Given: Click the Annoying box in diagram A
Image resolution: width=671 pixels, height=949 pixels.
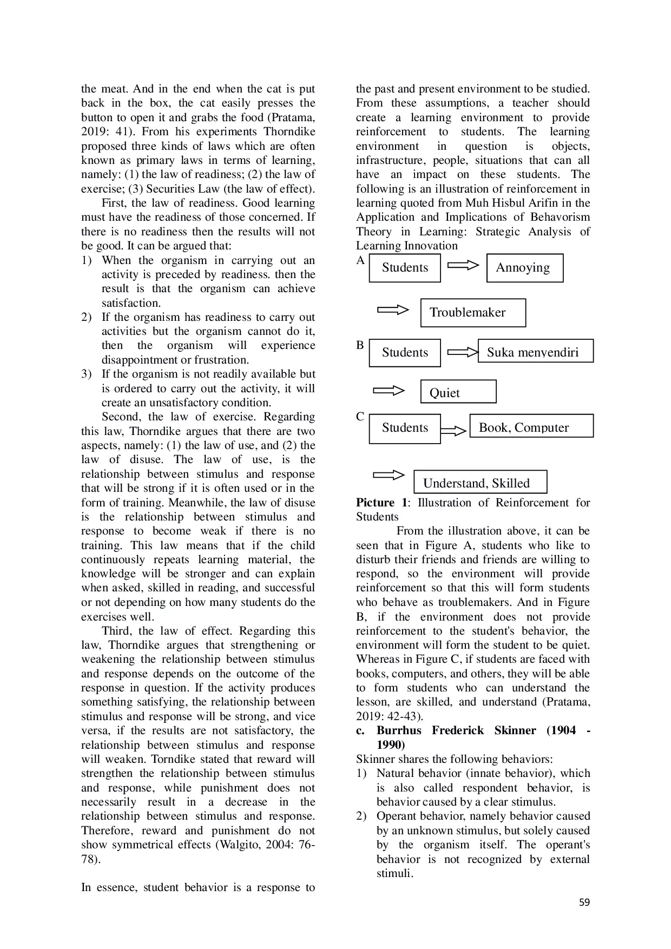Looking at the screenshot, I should (524, 268).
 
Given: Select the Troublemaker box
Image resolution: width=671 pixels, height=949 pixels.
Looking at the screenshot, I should (472, 313).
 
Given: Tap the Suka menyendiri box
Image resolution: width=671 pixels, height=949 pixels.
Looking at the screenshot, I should (535, 351).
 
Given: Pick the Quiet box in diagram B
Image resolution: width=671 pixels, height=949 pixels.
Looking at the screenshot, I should (458, 392).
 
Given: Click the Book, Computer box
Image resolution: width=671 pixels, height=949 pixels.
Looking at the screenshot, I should (531, 426).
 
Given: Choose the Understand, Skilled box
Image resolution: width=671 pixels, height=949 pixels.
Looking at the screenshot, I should (480, 482).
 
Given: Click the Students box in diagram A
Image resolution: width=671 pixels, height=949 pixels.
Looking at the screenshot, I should (404, 268).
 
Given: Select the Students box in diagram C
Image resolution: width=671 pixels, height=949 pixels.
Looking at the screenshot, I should (404, 429).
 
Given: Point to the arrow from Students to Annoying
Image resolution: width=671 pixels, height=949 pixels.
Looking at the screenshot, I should (464, 266).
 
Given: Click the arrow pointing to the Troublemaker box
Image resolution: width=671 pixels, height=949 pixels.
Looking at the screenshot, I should (393, 310).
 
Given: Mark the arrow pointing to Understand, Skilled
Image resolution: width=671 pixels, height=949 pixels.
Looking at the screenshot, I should (389, 476).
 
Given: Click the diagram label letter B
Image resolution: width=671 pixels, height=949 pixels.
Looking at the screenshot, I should (360, 345).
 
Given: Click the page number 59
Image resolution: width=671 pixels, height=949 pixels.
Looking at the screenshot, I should (584, 902).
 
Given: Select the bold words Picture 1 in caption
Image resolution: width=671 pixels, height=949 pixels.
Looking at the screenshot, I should (381, 503).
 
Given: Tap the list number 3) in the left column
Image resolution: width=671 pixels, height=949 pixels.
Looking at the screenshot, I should (87, 374).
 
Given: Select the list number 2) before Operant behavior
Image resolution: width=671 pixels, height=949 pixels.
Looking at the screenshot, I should (361, 816).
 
